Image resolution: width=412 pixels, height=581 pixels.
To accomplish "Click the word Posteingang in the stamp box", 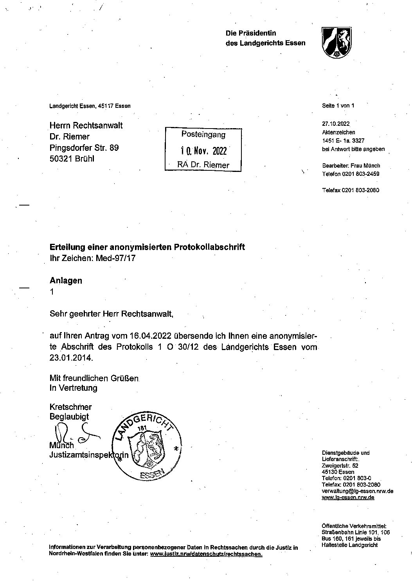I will [203, 134].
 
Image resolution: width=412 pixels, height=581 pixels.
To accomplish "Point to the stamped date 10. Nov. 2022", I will [203, 151].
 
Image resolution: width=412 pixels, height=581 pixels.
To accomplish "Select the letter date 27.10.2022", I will [336, 124].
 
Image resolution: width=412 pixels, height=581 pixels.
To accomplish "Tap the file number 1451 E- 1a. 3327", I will [343, 141].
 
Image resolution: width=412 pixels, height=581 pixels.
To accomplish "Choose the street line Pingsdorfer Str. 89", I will [84, 148].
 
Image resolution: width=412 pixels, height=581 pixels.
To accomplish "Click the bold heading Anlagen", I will [66, 281].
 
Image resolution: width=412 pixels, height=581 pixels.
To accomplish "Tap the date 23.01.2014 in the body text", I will [71, 358].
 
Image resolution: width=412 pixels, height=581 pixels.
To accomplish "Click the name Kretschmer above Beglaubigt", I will [70, 407].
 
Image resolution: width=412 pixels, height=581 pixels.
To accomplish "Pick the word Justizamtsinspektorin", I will [89, 455].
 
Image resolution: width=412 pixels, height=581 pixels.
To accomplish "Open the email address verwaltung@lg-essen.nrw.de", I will [357, 491].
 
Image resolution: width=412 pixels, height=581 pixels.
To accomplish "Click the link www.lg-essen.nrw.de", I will [348, 497].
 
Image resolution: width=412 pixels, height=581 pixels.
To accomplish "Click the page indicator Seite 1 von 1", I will [338, 105].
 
